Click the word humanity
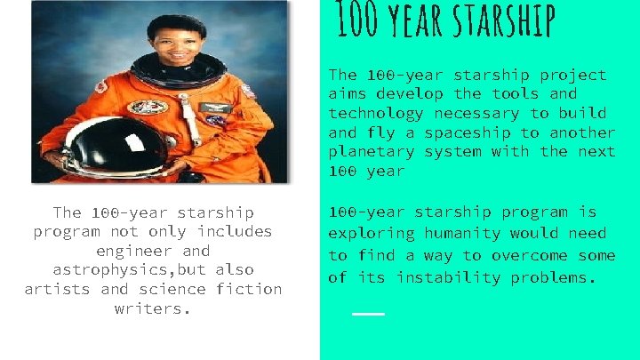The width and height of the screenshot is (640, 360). point(466,234)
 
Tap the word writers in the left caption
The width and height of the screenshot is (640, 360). point(153,309)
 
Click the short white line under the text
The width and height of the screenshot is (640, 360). point(368,314)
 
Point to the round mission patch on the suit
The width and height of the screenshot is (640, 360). point(148,108)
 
